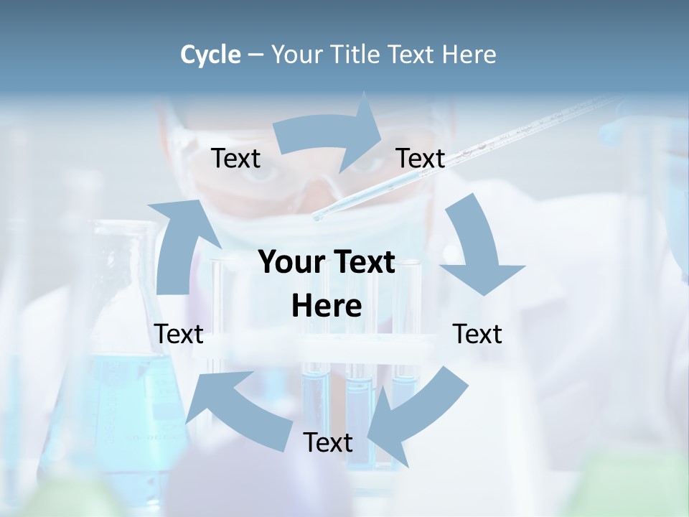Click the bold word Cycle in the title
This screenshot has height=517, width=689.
pyautogui.click(x=210, y=55)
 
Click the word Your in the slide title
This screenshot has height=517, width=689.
pyautogui.click(x=296, y=55)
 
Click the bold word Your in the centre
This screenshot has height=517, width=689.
pyautogui.click(x=287, y=263)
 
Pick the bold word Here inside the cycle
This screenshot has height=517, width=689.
pyautogui.click(x=327, y=307)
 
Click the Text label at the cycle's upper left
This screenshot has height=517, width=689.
pyautogui.click(x=236, y=159)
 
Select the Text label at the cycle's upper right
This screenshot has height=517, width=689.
pyautogui.click(x=421, y=159)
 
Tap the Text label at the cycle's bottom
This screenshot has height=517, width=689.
pyautogui.click(x=328, y=443)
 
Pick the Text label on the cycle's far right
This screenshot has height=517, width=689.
pyautogui.click(x=477, y=334)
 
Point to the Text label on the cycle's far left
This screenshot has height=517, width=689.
pyautogui.click(x=179, y=334)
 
